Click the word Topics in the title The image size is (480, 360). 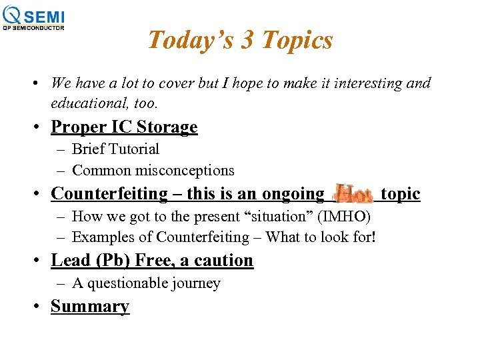(x=297, y=41)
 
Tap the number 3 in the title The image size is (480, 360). (x=246, y=41)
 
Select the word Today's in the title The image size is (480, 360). (x=189, y=41)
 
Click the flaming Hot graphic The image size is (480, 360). (x=353, y=194)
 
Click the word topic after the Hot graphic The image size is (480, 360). (x=400, y=193)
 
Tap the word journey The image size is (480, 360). (x=195, y=283)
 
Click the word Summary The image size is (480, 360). (x=89, y=307)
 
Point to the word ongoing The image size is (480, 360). (x=293, y=194)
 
